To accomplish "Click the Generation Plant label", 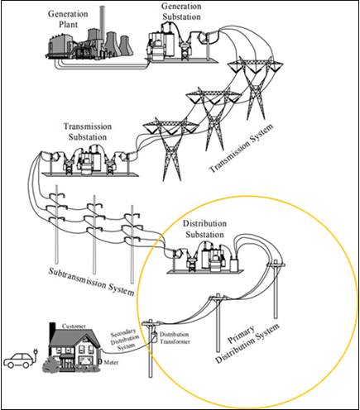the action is (x=68, y=19).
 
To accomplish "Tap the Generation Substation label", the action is (x=181, y=12).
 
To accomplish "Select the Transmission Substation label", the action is (x=88, y=131).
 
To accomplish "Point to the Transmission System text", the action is (x=242, y=148).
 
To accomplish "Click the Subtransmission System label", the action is (x=91, y=281).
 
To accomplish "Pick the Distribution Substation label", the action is (x=204, y=229).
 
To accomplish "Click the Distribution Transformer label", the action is (x=175, y=338).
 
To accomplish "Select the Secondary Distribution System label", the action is (x=125, y=340).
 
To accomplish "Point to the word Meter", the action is (x=111, y=363).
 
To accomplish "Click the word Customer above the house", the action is (x=74, y=327).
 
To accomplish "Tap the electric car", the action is (x=18, y=360).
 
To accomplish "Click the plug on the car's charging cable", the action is (x=36, y=350).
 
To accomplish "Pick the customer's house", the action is (x=74, y=350).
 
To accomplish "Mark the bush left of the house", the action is (x=51, y=365).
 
